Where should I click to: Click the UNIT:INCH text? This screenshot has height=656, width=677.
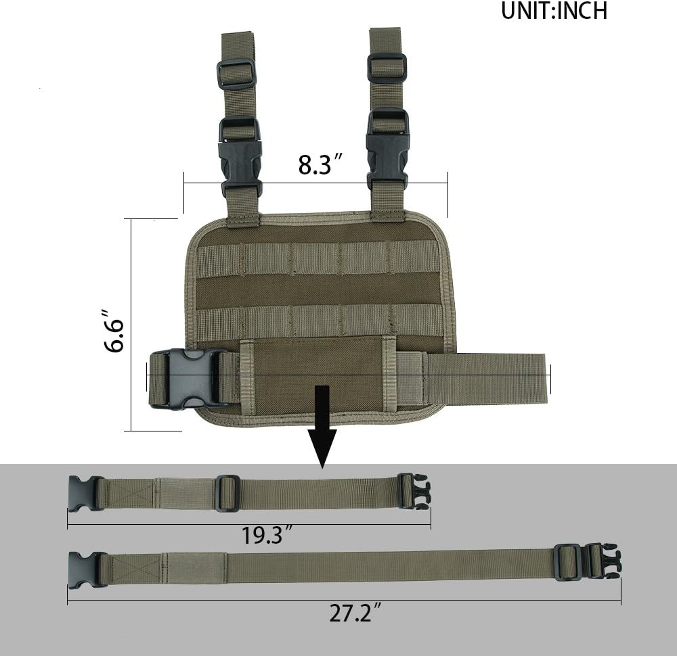[554, 11]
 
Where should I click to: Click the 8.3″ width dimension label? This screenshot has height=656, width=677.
[320, 165]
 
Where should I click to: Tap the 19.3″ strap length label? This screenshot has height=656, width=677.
[267, 536]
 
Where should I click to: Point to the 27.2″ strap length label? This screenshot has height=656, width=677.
[355, 613]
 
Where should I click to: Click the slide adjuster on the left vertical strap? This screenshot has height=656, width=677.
[236, 73]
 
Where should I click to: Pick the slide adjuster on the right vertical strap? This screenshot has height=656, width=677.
[387, 68]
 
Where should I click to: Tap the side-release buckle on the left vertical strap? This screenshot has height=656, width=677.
[240, 157]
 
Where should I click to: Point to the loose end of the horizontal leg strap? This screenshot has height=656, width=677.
[515, 378]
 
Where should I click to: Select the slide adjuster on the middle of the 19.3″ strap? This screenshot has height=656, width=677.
[227, 493]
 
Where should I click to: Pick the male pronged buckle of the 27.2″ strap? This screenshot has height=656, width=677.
[603, 561]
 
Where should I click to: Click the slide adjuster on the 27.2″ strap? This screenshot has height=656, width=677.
[567, 562]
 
